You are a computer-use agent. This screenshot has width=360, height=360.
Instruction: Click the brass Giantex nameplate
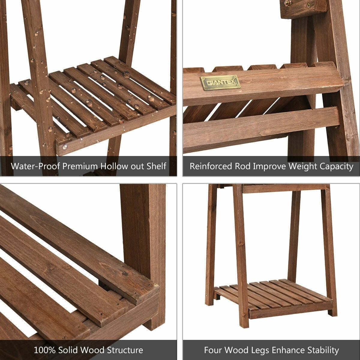click(220, 82)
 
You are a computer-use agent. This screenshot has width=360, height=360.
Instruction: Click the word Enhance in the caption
click(287, 350)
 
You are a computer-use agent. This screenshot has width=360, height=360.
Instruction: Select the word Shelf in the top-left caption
click(157, 166)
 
